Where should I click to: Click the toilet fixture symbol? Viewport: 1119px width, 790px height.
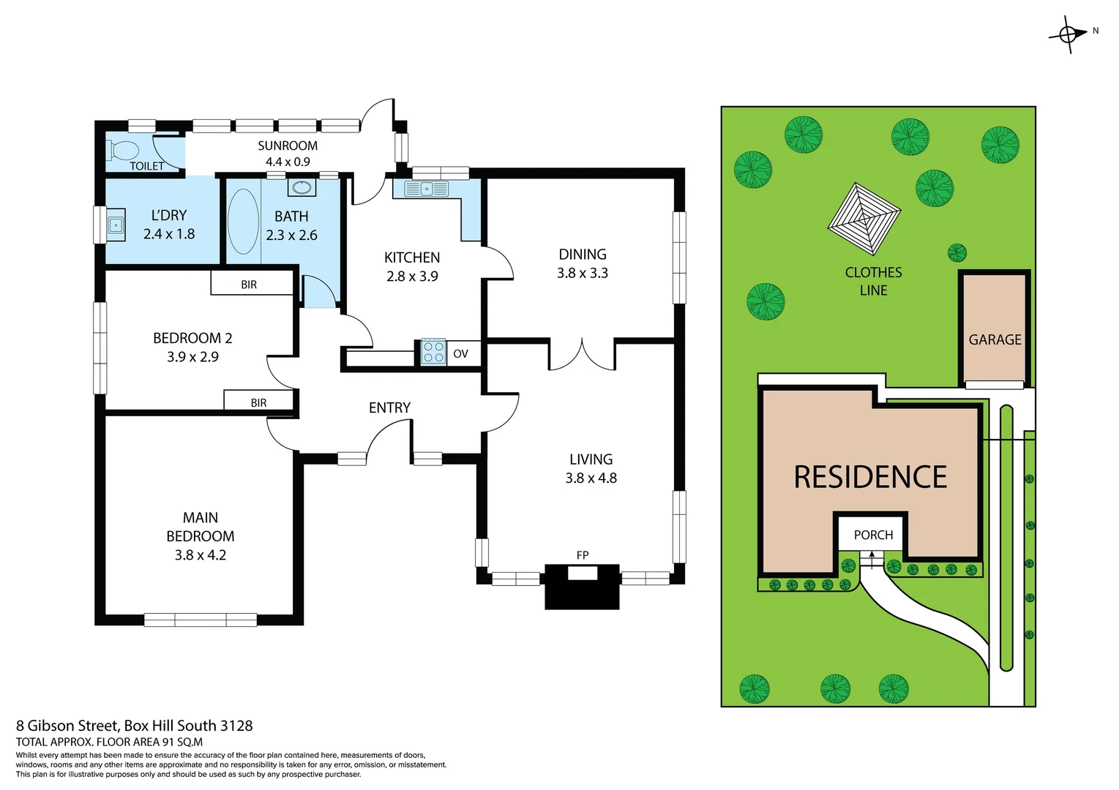click(122, 151)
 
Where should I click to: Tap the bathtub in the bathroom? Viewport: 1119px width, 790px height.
click(243, 222)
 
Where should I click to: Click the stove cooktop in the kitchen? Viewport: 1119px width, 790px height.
click(433, 352)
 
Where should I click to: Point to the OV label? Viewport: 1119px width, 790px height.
click(460, 354)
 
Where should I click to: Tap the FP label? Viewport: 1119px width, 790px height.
click(583, 555)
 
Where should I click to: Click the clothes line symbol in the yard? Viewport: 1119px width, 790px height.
click(864, 219)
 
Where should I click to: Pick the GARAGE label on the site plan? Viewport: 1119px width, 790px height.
click(995, 339)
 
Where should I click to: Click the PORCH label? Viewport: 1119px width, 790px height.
click(873, 535)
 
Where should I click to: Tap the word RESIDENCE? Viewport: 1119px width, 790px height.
click(870, 477)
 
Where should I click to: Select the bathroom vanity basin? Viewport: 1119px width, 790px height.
click(302, 187)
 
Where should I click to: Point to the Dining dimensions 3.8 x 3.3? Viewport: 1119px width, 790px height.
click(583, 273)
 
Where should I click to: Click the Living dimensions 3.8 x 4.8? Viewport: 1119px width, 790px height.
click(591, 478)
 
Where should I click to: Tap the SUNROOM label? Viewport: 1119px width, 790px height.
click(288, 146)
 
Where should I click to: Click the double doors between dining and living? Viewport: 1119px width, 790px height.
click(583, 355)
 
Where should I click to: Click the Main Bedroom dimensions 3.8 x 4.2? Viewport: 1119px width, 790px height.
click(200, 554)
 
